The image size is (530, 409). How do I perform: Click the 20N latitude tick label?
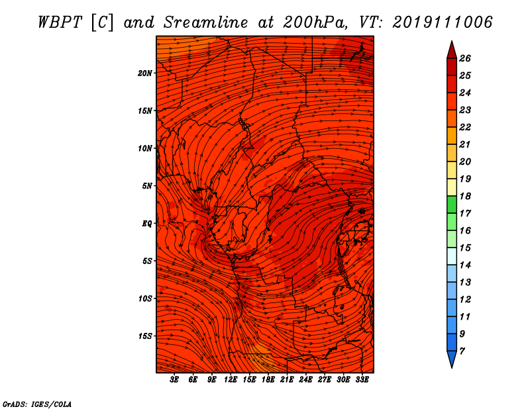(x=144, y=73)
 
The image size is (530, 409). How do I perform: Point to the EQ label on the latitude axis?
(x=146, y=224)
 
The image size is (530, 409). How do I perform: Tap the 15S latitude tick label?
(x=145, y=336)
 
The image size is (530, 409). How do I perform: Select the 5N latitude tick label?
(x=146, y=186)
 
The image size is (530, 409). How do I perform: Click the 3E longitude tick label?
(x=174, y=380)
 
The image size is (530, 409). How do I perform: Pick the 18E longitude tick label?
(x=268, y=380)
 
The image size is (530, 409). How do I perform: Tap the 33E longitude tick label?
(x=362, y=380)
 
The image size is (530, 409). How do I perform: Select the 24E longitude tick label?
(x=305, y=380)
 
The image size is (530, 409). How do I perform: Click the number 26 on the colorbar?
(x=465, y=58)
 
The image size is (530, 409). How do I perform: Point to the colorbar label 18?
(x=465, y=196)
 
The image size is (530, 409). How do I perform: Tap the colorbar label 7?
(x=462, y=351)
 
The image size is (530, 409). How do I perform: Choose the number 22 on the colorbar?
(x=465, y=127)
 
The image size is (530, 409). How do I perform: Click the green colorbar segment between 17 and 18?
(x=452, y=204)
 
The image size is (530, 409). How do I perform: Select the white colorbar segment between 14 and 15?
(x=452, y=256)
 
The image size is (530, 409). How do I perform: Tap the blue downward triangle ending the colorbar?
(x=452, y=359)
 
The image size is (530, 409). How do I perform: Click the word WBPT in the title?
(x=60, y=23)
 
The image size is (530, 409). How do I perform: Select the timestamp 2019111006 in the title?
(x=443, y=23)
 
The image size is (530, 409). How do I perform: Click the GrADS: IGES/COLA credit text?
(x=37, y=404)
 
